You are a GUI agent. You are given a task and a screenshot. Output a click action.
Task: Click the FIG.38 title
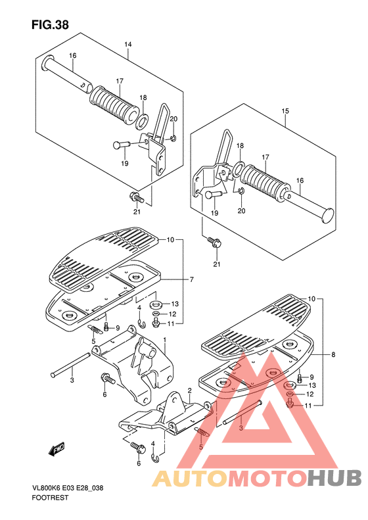(50, 25)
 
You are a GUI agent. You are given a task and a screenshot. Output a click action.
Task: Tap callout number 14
(128, 45)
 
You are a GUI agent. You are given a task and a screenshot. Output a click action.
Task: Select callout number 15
(285, 111)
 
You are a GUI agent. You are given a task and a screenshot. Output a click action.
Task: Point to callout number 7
(192, 279)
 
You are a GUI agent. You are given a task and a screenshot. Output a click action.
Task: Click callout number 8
(333, 355)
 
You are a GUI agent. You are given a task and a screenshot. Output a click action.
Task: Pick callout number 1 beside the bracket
(164, 340)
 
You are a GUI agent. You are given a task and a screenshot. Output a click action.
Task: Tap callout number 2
(189, 390)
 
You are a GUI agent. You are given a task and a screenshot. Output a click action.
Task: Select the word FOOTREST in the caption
(50, 498)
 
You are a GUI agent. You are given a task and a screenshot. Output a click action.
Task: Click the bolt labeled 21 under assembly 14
(137, 197)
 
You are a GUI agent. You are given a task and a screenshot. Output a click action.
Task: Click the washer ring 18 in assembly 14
(142, 122)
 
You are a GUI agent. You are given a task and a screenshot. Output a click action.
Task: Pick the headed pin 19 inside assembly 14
(122, 145)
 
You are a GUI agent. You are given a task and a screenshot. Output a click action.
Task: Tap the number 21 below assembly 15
(216, 264)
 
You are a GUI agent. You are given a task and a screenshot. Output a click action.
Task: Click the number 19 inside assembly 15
(215, 212)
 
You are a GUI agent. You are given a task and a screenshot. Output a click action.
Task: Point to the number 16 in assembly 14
(72, 55)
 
